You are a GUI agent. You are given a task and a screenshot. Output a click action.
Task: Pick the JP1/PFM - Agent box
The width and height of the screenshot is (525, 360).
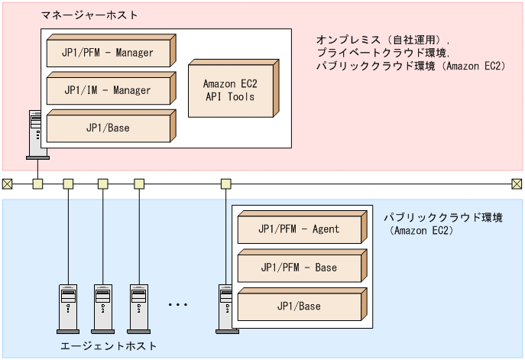300,229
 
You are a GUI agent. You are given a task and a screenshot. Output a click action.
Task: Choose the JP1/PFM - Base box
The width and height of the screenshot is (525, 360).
300,268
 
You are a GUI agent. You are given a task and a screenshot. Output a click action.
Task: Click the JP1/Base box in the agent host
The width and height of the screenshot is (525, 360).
300,306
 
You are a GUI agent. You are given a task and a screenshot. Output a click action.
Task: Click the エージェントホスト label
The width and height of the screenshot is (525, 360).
109,346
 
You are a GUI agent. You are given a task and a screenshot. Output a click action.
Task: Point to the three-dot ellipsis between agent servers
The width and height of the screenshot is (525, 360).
177,304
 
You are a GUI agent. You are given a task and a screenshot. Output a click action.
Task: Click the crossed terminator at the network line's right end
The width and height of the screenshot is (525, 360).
517,183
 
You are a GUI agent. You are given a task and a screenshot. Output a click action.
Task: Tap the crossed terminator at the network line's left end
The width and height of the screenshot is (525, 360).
7,183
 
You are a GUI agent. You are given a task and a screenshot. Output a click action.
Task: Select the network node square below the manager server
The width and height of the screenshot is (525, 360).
37,183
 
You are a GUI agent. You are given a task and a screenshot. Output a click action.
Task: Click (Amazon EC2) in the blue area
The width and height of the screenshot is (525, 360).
422,229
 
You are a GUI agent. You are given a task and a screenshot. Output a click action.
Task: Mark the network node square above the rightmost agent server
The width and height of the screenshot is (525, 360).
225,183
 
